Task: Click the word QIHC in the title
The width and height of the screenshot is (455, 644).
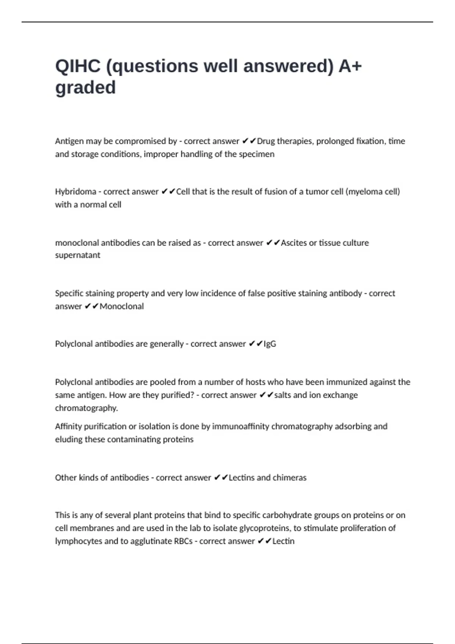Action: [x=78, y=66]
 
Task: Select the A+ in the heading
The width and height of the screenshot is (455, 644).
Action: [x=350, y=66]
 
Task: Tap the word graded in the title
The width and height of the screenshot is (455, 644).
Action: [x=85, y=88]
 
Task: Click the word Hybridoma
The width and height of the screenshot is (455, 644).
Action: [x=75, y=192]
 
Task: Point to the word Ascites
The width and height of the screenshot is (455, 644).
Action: [x=293, y=243]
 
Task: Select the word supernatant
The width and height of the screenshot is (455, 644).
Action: [x=78, y=255]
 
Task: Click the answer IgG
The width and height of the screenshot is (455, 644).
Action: [x=270, y=344]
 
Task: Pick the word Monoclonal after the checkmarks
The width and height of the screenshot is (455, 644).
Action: [x=121, y=306]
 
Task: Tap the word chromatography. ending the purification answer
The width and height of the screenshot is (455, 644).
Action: [x=86, y=408]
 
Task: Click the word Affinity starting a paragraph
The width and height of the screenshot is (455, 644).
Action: [x=68, y=427]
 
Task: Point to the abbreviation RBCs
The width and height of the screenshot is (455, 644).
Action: [x=183, y=541]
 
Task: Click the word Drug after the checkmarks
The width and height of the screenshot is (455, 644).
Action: [x=266, y=141]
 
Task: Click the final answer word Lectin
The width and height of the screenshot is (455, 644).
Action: [x=283, y=541]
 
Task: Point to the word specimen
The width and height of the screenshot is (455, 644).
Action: [x=257, y=154]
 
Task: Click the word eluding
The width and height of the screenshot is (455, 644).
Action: [x=68, y=439]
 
